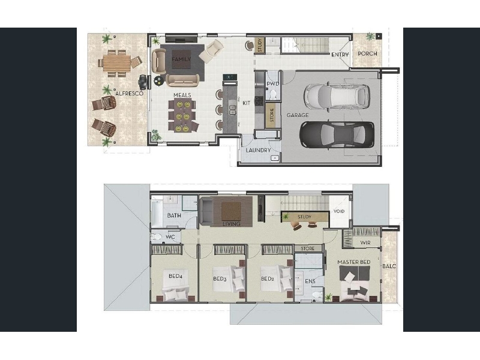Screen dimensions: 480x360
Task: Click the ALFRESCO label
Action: [129, 94]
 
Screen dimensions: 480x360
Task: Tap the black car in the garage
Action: [337, 134]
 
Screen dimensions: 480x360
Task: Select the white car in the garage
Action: [337, 97]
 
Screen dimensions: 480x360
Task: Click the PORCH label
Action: [367, 53]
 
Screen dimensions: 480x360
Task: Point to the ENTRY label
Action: [340, 55]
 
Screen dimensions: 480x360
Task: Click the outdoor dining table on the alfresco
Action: [116, 63]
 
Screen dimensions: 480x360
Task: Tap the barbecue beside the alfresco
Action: [143, 81]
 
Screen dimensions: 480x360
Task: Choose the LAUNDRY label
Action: [258, 151]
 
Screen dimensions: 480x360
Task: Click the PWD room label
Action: [272, 84]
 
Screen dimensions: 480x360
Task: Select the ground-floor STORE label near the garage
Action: [272, 113]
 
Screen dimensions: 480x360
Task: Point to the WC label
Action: [170, 237]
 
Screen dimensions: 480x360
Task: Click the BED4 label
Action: [175, 276]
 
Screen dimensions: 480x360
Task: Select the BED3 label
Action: [220, 279]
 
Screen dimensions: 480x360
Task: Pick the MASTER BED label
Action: [354, 262]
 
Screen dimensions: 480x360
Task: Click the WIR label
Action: [365, 243]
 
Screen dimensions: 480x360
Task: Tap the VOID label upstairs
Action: [339, 211]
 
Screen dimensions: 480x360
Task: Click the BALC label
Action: [389, 266]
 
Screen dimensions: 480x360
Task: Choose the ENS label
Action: [310, 281]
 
